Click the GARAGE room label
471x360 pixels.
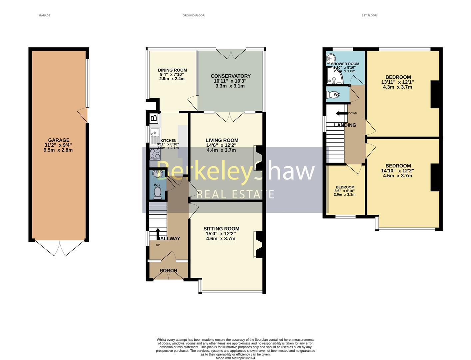59,140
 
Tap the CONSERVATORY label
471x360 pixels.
231,76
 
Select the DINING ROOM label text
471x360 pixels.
172,70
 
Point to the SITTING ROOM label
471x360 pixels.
221,229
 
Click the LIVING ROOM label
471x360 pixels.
222,140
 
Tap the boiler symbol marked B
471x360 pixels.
154,118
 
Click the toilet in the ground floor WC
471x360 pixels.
157,193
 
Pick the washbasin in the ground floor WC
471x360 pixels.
157,174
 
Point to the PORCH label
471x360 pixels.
168,271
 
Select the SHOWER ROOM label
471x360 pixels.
345,64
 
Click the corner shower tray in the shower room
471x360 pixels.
334,76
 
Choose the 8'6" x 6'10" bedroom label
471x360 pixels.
345,191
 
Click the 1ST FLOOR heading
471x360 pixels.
369,15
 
